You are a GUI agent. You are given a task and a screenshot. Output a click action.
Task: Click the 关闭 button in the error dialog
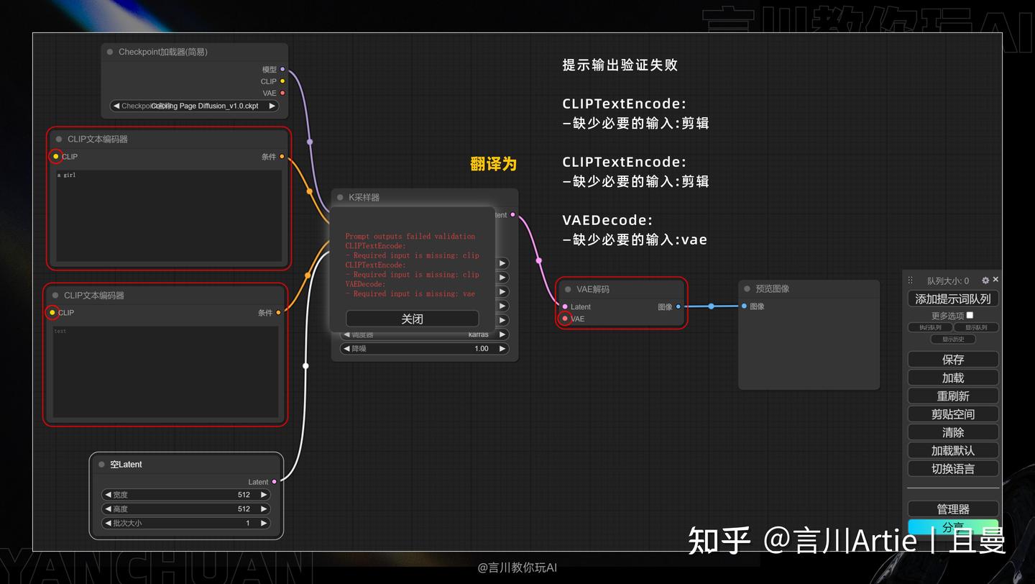point(412,319)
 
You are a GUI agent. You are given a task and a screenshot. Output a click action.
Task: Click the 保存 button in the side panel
point(952,360)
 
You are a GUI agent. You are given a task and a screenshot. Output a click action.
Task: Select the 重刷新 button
point(952,396)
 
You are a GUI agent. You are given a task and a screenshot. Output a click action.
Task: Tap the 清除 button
point(952,432)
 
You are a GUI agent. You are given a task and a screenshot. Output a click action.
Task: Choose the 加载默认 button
point(952,451)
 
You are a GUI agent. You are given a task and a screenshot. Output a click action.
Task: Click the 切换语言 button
point(952,469)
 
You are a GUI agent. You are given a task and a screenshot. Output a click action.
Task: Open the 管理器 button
point(952,509)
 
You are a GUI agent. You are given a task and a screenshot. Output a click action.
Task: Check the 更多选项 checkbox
point(970,315)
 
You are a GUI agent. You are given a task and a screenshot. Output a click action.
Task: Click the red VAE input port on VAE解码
point(565,319)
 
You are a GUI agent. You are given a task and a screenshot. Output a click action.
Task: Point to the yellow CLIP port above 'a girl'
point(55,156)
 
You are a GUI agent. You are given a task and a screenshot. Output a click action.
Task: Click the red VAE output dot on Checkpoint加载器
point(282,93)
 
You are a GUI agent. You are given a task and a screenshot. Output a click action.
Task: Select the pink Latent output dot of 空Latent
point(274,482)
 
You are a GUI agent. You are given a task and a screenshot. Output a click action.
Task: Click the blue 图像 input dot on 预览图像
point(744,306)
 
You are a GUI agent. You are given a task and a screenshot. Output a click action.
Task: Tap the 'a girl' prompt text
point(66,175)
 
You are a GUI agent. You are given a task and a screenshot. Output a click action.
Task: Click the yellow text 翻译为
point(493,164)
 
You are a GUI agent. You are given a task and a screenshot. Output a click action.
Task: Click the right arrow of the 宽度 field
point(264,495)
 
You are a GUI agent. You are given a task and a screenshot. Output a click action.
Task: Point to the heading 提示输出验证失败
point(620,65)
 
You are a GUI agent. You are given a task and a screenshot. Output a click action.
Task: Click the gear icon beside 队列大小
point(985,280)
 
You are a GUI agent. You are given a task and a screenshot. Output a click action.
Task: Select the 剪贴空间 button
point(952,414)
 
